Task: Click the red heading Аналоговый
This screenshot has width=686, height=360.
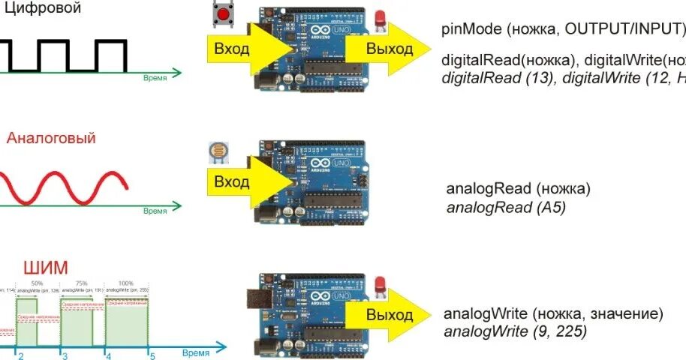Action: point(51,139)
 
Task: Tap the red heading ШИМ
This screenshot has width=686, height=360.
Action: point(45,268)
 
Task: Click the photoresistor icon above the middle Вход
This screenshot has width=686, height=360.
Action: point(217,152)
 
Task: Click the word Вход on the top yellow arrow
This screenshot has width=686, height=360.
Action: point(232,49)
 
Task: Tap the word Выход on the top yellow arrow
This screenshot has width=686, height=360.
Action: point(390,49)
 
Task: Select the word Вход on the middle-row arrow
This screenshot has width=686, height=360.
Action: point(232,182)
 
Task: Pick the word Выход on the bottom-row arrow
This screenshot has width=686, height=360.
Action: point(390,314)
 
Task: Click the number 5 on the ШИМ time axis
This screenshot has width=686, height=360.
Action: point(152,357)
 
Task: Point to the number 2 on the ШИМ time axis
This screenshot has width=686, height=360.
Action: point(21,357)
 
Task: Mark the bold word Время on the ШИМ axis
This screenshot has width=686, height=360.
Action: point(195,352)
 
